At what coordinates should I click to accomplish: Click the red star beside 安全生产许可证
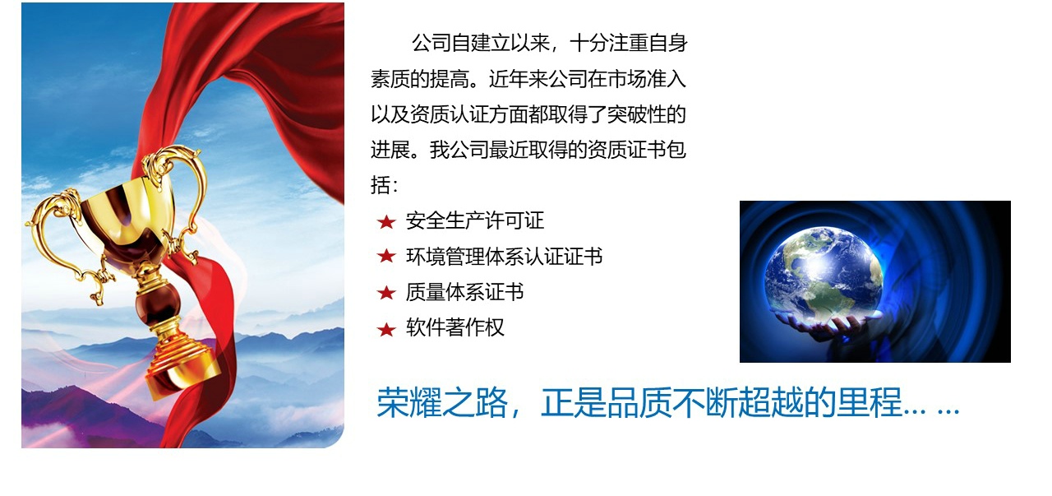386,221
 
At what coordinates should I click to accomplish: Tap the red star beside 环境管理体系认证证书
386,257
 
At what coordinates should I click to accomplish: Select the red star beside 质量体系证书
386,293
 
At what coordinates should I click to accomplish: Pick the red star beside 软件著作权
386,329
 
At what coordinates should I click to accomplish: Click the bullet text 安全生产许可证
475,221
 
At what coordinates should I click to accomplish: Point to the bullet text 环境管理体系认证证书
505,257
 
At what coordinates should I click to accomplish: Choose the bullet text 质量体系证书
465,293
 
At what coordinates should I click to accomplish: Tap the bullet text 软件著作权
455,327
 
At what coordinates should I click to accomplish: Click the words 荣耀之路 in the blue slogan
442,403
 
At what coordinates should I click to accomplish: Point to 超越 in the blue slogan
771,403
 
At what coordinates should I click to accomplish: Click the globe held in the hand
824,273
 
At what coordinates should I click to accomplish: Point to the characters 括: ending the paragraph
384,185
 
